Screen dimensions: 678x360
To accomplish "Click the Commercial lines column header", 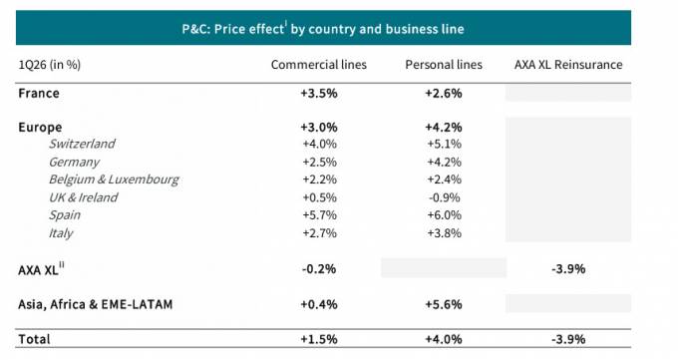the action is [319, 65].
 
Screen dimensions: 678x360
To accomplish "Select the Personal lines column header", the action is [444, 65].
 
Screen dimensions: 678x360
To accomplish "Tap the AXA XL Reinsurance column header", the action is [568, 65].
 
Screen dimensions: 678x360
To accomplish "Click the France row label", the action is [39, 93].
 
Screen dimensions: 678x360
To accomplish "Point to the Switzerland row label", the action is [82, 144].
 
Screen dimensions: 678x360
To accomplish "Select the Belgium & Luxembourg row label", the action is [114, 180].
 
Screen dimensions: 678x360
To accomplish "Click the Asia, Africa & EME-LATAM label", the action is [95, 304].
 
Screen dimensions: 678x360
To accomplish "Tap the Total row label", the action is [34, 339].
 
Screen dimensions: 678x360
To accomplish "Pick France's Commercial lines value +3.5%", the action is [319, 93].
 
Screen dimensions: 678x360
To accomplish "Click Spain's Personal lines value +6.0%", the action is [444, 215].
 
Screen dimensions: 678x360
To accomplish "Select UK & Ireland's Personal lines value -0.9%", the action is [445, 197].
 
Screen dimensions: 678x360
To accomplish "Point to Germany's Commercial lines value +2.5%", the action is [319, 162].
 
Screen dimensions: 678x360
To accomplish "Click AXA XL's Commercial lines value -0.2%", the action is [319, 268].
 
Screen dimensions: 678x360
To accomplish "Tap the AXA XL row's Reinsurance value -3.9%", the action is [568, 268].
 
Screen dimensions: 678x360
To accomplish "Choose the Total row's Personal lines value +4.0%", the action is [444, 339].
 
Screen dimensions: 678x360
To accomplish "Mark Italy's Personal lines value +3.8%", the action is [444, 232].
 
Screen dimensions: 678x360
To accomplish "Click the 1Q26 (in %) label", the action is [49, 65].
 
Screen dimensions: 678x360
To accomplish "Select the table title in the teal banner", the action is [323, 29].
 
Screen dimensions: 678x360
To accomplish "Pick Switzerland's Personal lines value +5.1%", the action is [444, 144].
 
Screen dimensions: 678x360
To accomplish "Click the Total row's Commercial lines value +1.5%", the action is [319, 339].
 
